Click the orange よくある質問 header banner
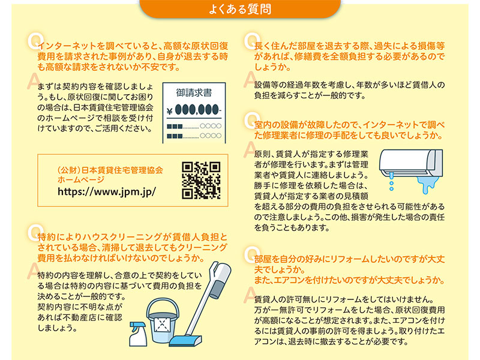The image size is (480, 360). point(240,8)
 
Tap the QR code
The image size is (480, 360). point(201,181)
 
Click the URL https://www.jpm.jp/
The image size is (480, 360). point(107,191)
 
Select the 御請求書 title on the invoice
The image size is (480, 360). point(194,92)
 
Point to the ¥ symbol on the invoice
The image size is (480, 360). point(169,111)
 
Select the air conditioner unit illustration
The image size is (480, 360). point(411,163)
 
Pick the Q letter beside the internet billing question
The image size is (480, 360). point(34,41)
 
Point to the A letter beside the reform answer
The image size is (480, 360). point(250,295)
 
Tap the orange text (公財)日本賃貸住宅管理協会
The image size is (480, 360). point(110,170)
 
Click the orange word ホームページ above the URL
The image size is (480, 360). point(81,179)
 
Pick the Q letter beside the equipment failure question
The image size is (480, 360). point(251,121)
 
